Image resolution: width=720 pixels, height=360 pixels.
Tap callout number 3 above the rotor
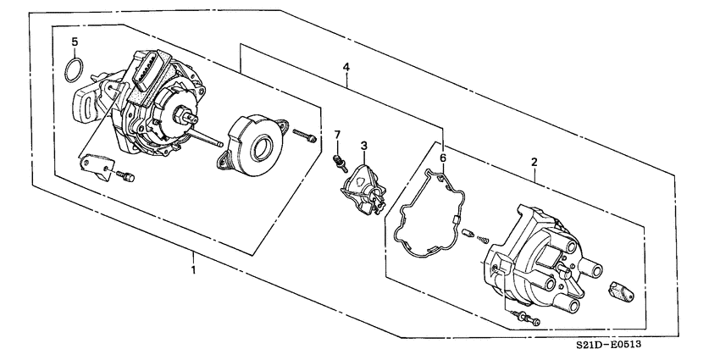tap(363, 146)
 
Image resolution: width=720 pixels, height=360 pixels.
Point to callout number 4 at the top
tap(346, 65)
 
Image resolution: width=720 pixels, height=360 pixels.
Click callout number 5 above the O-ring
tap(75, 42)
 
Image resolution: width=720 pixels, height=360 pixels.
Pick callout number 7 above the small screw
tap(336, 135)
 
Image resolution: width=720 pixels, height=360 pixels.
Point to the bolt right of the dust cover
tap(305, 134)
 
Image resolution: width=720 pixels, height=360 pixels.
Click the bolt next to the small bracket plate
tap(126, 177)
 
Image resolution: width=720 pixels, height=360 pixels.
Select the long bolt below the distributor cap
tap(526, 318)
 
